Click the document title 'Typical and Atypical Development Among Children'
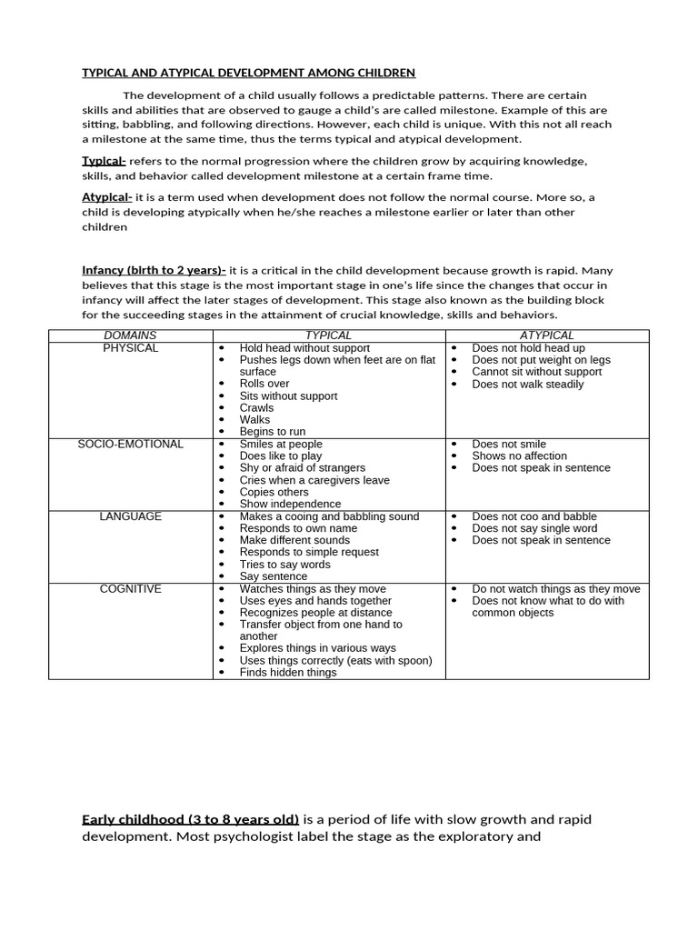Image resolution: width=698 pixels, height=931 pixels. click(x=249, y=72)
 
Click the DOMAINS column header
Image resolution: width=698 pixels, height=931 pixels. click(x=130, y=335)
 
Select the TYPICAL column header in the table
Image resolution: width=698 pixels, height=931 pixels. click(x=328, y=335)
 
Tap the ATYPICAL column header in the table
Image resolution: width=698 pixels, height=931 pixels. click(x=546, y=335)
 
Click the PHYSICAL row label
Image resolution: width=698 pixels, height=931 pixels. click(x=130, y=348)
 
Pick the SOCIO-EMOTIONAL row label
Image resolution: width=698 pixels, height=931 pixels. click(x=130, y=444)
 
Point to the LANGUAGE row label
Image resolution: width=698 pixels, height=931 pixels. click(x=130, y=516)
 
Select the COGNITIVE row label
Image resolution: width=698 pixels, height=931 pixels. click(x=130, y=589)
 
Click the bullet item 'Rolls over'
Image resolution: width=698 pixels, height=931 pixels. click(x=264, y=384)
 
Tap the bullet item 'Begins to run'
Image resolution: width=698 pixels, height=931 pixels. click(x=273, y=432)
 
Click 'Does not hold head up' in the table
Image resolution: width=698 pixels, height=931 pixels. click(x=528, y=348)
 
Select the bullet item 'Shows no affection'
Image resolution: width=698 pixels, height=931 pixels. click(x=519, y=455)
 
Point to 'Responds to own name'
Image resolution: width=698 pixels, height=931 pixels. click(x=298, y=528)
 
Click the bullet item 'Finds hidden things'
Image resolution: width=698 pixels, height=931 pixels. click(x=287, y=673)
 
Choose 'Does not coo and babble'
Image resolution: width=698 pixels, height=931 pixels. click(x=534, y=516)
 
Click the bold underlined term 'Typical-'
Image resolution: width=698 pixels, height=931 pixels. click(x=104, y=161)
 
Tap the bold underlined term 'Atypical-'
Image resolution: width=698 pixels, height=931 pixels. click(x=107, y=197)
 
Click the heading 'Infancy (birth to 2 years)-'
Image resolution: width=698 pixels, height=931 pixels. click(x=154, y=270)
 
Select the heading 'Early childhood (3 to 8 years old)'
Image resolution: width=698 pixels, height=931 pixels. click(x=191, y=819)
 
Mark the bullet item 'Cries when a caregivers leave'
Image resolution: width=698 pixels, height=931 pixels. click(x=314, y=480)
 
